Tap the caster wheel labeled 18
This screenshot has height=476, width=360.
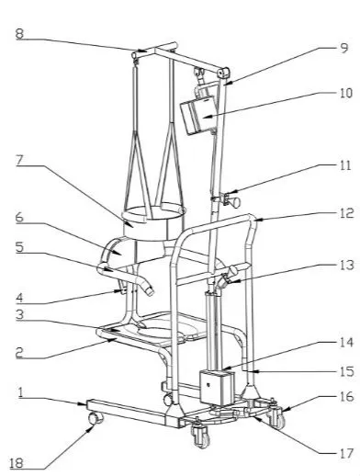(93, 420)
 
